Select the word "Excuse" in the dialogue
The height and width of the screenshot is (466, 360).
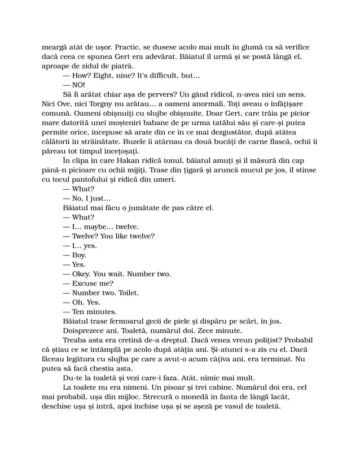[x=86, y=283]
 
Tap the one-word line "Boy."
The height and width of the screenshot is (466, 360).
[x=80, y=255]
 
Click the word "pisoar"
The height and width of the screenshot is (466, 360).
[x=170, y=387]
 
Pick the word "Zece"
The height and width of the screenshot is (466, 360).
[x=202, y=330]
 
